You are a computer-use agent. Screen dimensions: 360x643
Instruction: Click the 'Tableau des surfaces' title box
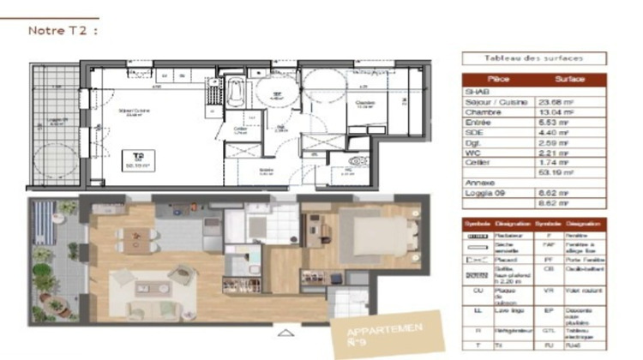coord(533,59)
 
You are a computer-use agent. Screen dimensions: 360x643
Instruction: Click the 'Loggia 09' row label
coord(487,193)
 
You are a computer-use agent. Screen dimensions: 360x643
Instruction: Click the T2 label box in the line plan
coord(133,159)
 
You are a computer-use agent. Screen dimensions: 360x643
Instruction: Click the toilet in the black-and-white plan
coord(358,161)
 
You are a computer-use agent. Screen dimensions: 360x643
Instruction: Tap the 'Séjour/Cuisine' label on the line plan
coord(135,111)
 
